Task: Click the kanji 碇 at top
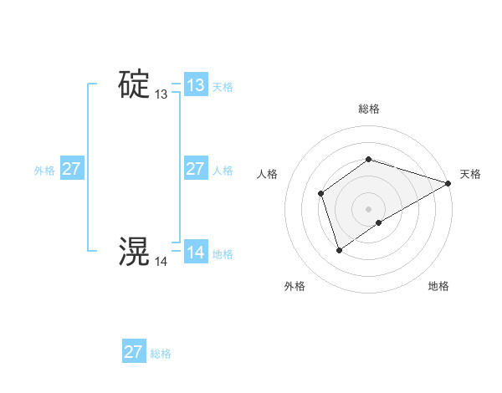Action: (x=134, y=85)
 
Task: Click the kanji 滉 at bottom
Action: (x=134, y=251)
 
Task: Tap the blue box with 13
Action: (x=195, y=85)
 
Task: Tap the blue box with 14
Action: (x=195, y=253)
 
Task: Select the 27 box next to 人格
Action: (x=195, y=169)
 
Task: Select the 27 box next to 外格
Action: (x=71, y=169)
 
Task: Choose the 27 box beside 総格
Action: (x=134, y=351)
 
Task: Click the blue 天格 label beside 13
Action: (x=223, y=87)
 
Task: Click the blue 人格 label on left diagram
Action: (x=223, y=171)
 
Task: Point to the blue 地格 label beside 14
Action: (x=223, y=254)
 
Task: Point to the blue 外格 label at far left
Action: (x=44, y=171)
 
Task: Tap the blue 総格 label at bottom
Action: (x=161, y=354)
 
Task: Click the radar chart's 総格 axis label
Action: (x=368, y=109)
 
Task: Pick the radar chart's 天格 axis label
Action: (x=470, y=174)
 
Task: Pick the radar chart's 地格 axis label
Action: (x=438, y=287)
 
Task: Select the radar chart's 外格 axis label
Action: (x=295, y=287)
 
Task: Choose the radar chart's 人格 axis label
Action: (x=267, y=174)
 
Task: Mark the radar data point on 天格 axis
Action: (x=449, y=184)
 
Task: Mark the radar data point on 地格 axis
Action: (x=379, y=222)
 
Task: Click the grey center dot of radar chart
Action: (x=368, y=209)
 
